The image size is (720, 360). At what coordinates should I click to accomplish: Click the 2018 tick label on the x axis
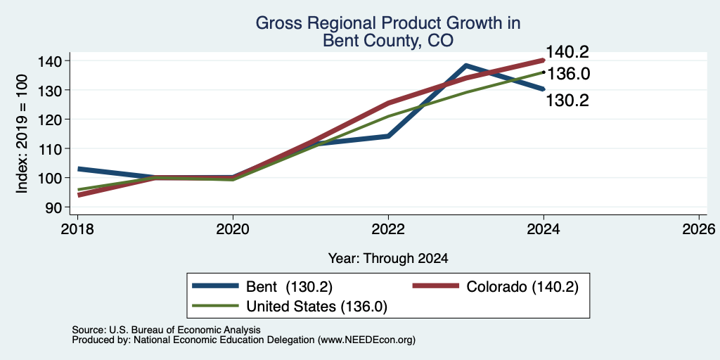click(77, 229)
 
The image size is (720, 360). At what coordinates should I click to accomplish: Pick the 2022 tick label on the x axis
click(388, 229)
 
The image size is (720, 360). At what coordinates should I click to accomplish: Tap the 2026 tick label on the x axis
click(700, 229)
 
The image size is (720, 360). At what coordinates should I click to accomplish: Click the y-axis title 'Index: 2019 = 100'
click(22, 134)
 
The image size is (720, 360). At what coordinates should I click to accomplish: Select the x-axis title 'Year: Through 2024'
click(388, 259)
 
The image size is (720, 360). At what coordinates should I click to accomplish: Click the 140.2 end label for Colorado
click(567, 52)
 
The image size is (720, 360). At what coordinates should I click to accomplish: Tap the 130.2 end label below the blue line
click(567, 101)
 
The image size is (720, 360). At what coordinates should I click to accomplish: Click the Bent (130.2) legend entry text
click(289, 287)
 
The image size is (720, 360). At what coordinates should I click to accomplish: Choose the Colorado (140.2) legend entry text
click(522, 287)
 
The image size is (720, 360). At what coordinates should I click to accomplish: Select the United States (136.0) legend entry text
click(317, 307)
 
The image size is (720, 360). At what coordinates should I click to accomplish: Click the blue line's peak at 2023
click(466, 65)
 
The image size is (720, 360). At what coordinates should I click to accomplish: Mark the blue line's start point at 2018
click(79, 169)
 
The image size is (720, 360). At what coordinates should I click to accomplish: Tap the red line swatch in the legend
click(436, 286)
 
